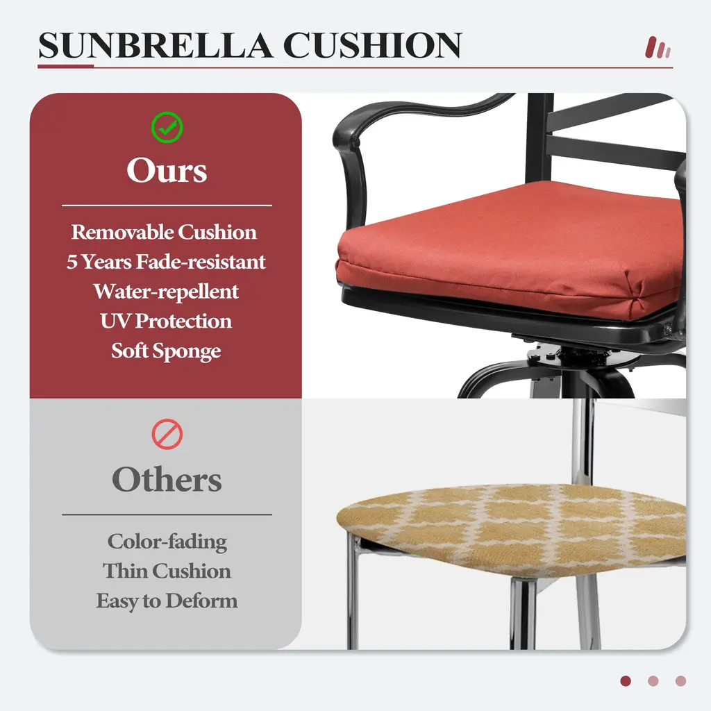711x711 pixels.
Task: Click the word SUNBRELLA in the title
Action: (156, 45)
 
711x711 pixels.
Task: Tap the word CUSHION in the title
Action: (372, 45)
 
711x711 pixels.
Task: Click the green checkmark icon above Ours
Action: (167, 128)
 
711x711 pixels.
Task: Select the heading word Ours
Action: (167, 171)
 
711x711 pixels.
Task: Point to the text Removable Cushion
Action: (164, 232)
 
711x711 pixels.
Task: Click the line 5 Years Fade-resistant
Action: (166, 262)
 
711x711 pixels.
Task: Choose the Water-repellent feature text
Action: (166, 292)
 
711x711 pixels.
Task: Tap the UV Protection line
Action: (166, 321)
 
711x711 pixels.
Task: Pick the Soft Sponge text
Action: (166, 351)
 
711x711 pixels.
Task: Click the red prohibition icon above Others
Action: (167, 435)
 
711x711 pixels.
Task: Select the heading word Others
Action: (167, 480)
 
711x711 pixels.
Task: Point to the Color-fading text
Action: (167, 542)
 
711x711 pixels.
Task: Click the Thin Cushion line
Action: (167, 571)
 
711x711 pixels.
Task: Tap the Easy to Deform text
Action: (167, 601)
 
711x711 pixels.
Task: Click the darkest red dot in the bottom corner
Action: (626, 681)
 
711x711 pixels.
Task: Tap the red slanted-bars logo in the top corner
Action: (658, 48)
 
